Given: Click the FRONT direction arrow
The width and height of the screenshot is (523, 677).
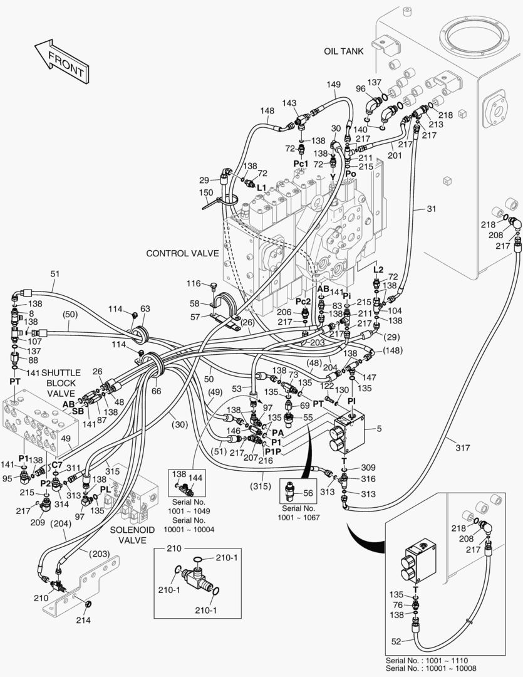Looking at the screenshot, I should [x=60, y=60].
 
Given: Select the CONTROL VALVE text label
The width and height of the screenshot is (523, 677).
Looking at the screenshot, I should [x=182, y=254].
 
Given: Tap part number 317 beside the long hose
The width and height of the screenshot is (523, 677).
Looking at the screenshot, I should [x=462, y=448].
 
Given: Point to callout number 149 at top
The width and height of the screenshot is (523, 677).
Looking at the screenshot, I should [x=333, y=85].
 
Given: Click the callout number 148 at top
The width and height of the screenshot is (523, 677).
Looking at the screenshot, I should [x=267, y=111].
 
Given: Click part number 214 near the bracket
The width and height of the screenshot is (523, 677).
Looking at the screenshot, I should [x=83, y=621].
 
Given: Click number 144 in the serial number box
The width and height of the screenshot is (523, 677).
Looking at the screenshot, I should [x=195, y=478].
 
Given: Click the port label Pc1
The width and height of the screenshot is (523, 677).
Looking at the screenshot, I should [x=301, y=164].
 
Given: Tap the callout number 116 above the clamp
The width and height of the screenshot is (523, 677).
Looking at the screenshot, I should [x=194, y=284].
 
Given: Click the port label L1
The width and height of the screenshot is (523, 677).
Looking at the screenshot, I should [x=261, y=187].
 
